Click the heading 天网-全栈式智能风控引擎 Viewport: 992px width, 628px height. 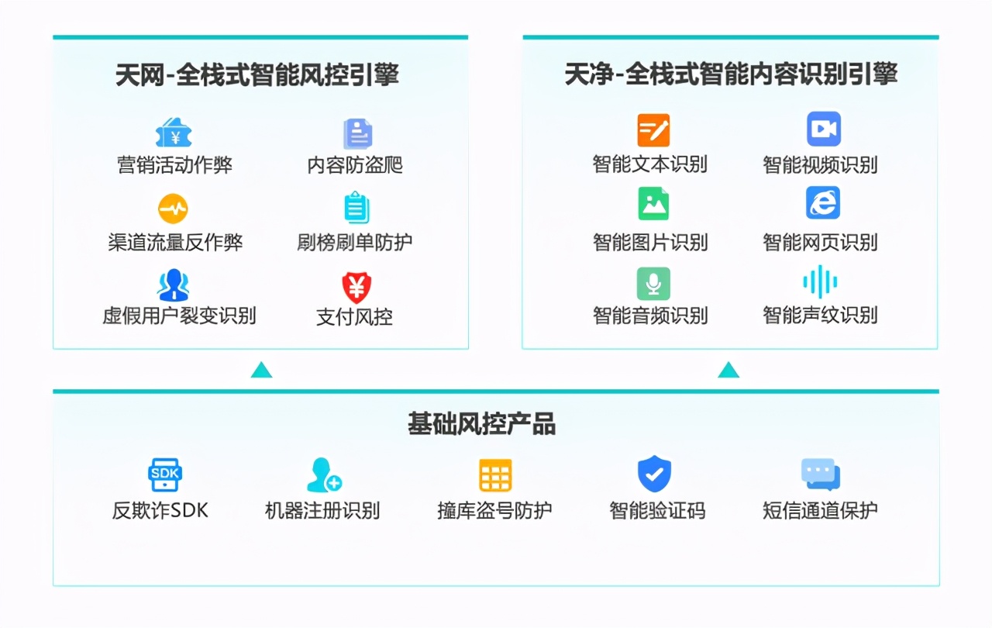(x=257, y=74)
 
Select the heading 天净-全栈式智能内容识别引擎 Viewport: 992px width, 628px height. (x=731, y=74)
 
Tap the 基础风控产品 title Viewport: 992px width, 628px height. (x=482, y=424)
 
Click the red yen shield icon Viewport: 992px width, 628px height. (x=356, y=288)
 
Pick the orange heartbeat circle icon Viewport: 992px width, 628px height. (x=173, y=209)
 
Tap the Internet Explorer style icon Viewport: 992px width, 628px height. (x=823, y=203)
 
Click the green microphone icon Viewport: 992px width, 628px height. (x=653, y=284)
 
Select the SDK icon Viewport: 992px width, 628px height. (x=165, y=474)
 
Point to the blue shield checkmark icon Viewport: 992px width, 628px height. (x=654, y=474)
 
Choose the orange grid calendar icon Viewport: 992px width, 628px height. (x=495, y=475)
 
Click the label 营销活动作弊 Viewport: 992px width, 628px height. (x=174, y=164)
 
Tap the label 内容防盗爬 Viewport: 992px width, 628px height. (x=355, y=164)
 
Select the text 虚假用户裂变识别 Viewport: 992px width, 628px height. (x=179, y=316)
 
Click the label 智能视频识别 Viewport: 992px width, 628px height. (x=820, y=164)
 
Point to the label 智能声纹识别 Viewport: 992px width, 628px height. (x=820, y=316)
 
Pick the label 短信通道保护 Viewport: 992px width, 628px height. (x=820, y=510)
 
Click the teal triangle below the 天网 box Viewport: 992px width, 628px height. (x=261, y=371)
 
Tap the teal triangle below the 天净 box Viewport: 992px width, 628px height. (x=728, y=371)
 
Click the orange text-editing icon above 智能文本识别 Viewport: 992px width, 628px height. (x=653, y=129)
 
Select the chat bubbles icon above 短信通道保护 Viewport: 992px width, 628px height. (x=821, y=474)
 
